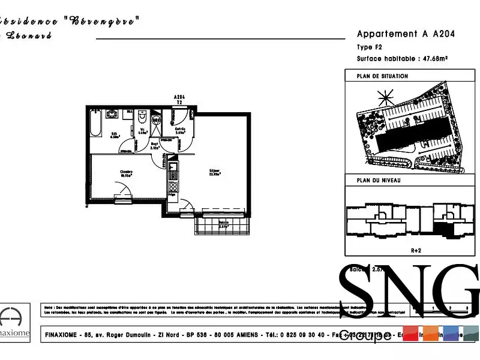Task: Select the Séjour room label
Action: coord(214,172)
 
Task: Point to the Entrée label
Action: coord(180,130)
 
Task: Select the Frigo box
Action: coord(172,195)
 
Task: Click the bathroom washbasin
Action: coord(112,114)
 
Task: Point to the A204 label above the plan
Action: coord(179,97)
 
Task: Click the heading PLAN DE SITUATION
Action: coord(382,76)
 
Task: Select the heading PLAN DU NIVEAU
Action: coord(379,181)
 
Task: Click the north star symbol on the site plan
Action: coord(384,96)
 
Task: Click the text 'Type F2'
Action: coord(369,47)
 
